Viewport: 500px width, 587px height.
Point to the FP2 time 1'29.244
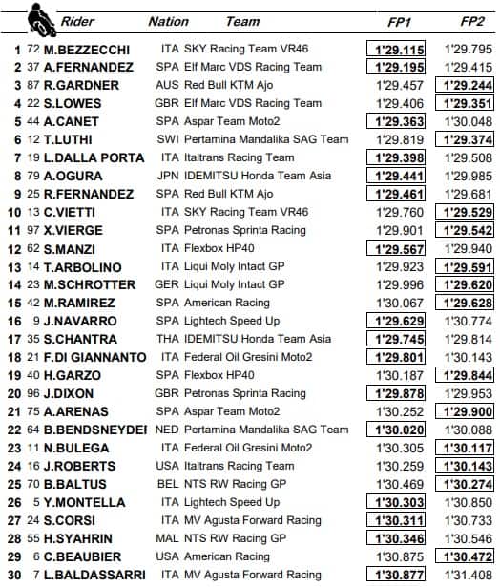(x=469, y=85)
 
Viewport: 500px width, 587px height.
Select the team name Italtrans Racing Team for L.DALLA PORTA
(x=241, y=157)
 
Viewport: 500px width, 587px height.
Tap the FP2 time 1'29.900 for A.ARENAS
(x=469, y=411)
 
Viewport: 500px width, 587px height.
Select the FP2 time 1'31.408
(x=469, y=575)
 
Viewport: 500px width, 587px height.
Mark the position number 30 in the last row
(x=14, y=575)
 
